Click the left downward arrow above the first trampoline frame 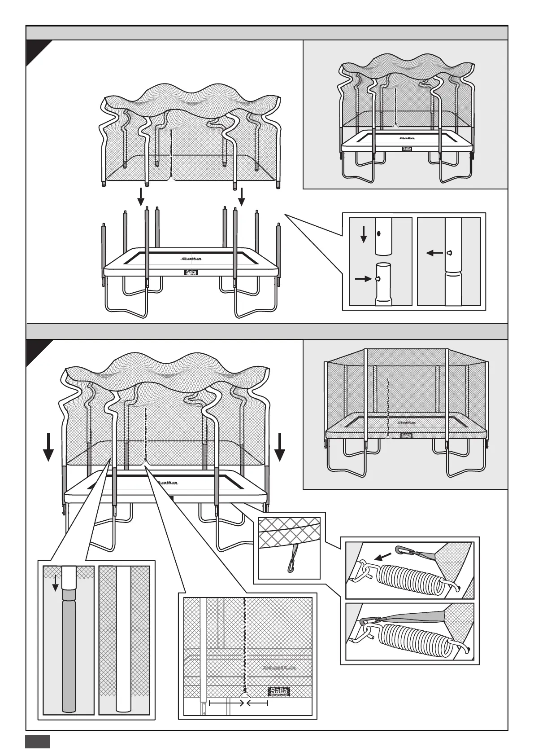[141, 195]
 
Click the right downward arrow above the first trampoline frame [242, 195]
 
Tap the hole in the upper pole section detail [379, 233]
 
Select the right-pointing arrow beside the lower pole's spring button [361, 279]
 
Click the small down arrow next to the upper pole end [364, 233]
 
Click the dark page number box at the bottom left [37, 742]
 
